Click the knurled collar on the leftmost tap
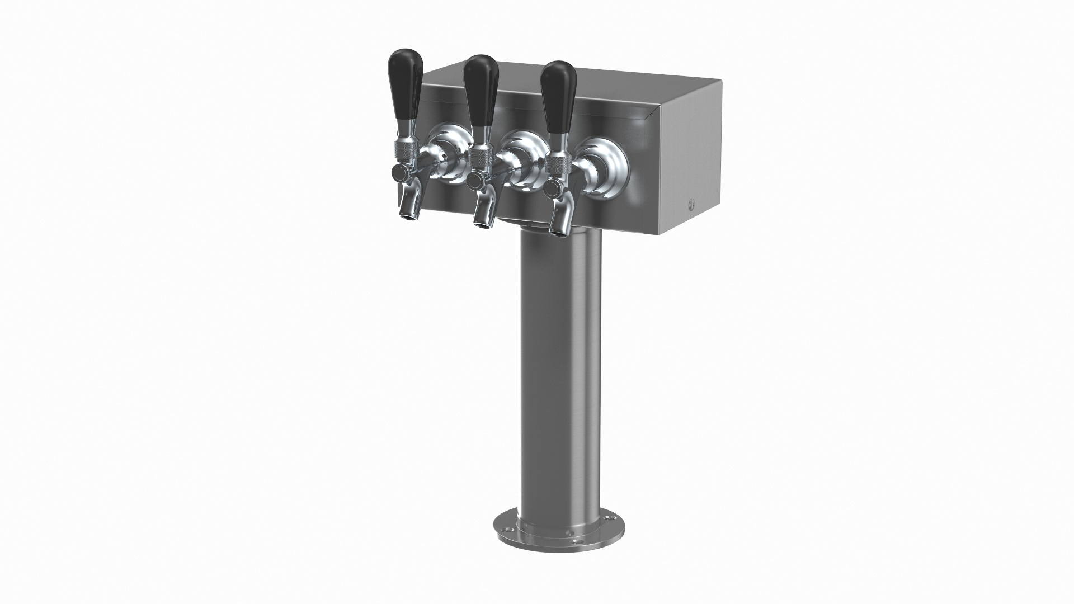pos(403,150)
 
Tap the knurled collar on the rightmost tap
pos(558,163)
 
